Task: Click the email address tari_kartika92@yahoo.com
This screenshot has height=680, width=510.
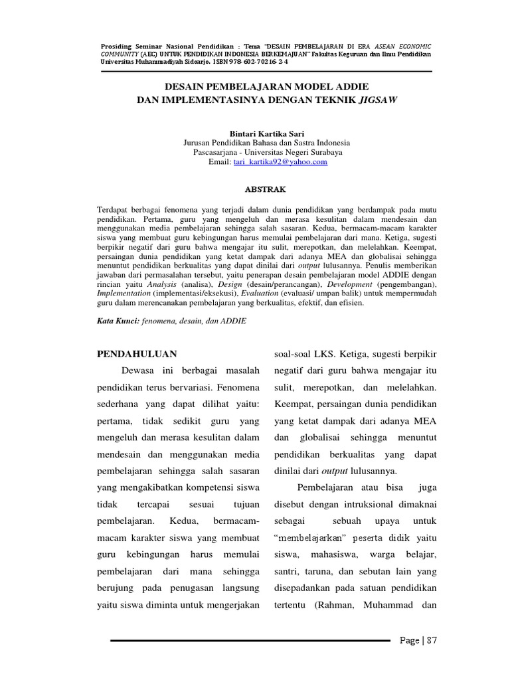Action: tap(280, 161)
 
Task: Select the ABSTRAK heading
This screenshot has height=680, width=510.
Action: tap(266, 189)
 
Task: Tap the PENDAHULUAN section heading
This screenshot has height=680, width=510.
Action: tap(137, 353)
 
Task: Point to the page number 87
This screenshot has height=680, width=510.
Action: tap(432, 640)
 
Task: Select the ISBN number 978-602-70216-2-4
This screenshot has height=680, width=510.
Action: tap(257, 61)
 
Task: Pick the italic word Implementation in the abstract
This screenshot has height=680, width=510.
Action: tap(124, 292)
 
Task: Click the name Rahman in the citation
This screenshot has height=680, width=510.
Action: tap(336, 605)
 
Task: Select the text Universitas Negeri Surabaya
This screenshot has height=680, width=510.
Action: tap(296, 152)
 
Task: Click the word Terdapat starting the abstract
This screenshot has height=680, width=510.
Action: tap(114, 209)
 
